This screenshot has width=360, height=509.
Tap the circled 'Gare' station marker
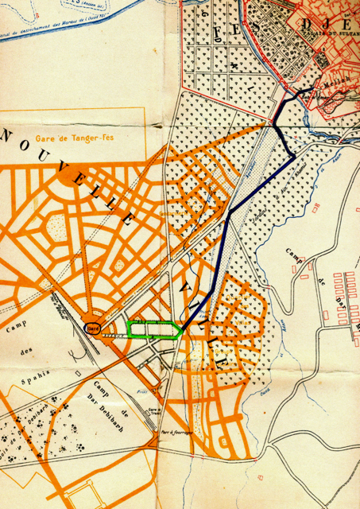coord(93,328)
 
